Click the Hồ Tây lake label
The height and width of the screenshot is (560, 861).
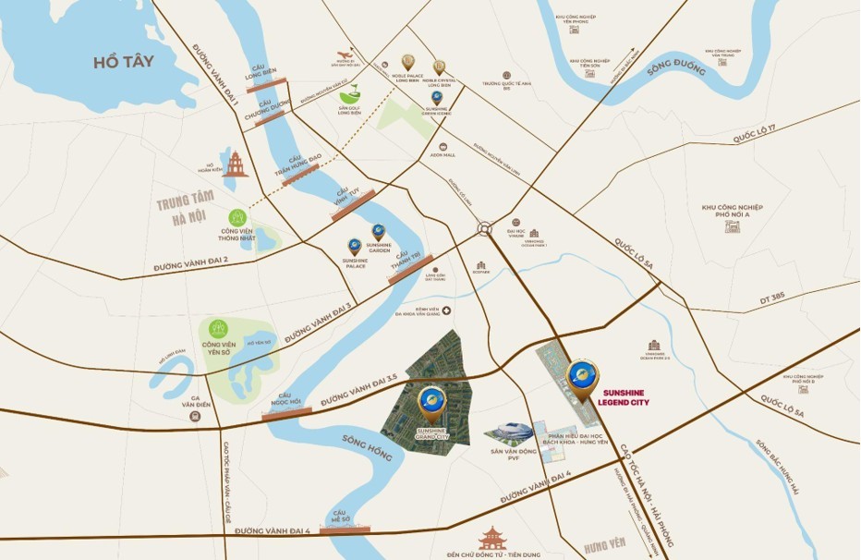pyautogui.click(x=123, y=62)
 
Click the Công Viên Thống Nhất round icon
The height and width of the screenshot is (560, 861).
pyautogui.click(x=237, y=217)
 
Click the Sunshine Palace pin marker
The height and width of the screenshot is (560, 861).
pyautogui.click(x=355, y=247)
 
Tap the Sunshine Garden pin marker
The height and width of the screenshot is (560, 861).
pyautogui.click(x=378, y=231)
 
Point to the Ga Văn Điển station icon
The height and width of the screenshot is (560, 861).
pyautogui.click(x=195, y=415)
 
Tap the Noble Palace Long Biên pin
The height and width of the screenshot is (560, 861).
pyautogui.click(x=407, y=62)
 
